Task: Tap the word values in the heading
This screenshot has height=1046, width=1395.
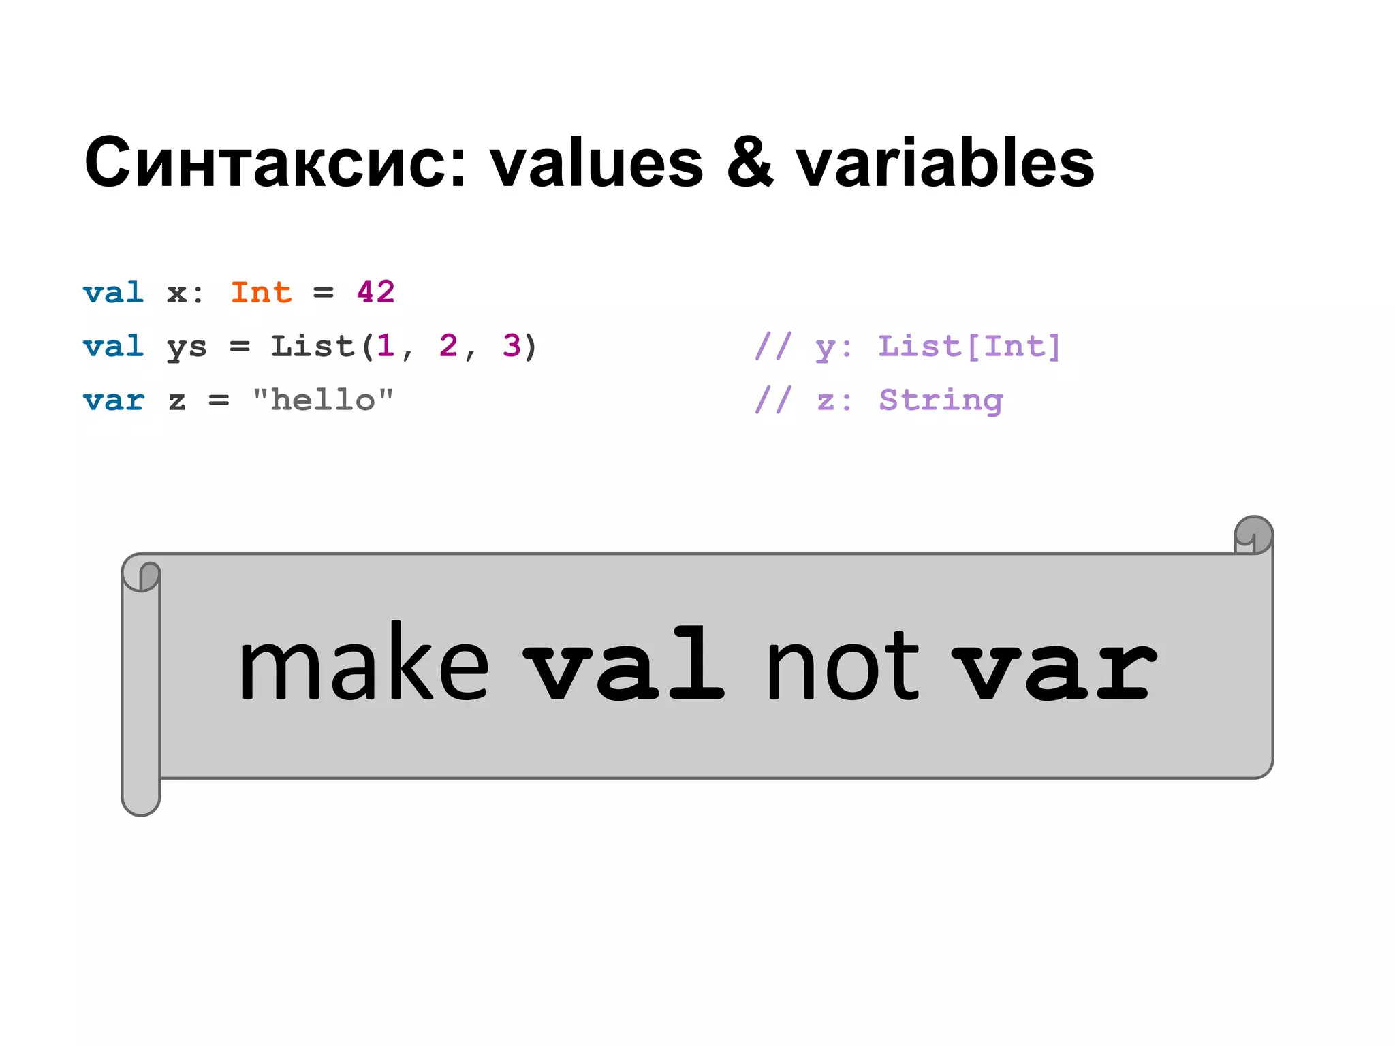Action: tap(597, 163)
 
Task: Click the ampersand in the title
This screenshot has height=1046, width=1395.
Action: tap(750, 163)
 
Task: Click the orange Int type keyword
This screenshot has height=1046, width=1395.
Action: tap(261, 293)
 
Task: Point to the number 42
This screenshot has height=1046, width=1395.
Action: tap(375, 293)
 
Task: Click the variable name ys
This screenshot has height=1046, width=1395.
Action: tap(186, 347)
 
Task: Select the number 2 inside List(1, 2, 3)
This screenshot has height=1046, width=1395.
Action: tap(448, 346)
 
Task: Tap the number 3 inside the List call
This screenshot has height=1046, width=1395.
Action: tap(511, 346)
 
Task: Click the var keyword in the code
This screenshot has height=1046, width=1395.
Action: tap(113, 400)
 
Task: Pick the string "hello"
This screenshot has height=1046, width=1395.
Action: tap(323, 400)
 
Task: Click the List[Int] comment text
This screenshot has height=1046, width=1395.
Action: tap(969, 347)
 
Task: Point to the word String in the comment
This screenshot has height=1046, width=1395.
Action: tap(941, 400)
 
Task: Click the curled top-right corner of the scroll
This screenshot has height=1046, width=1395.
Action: tap(1253, 535)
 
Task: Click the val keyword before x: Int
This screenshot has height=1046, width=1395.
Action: tap(113, 293)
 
